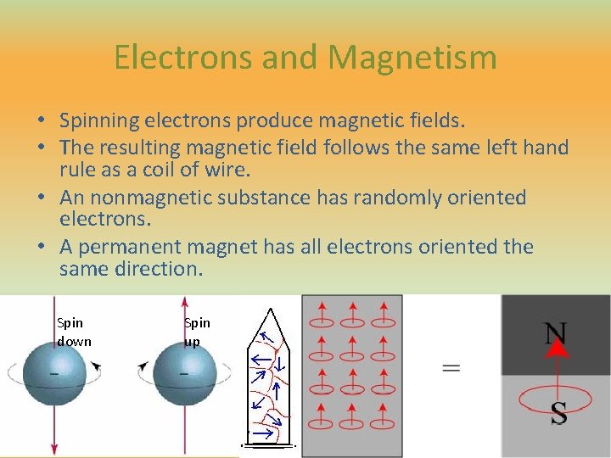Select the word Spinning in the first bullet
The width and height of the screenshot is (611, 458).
[x=100, y=122]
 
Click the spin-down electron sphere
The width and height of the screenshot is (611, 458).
[x=54, y=374]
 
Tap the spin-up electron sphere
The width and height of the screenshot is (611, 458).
[x=184, y=374]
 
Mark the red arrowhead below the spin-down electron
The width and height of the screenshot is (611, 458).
[x=54, y=450]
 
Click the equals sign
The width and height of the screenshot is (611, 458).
[x=451, y=367]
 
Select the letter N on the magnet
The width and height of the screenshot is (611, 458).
[x=556, y=332]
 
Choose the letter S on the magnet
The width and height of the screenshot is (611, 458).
[x=558, y=414]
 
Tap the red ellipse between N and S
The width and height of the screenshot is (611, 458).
[x=557, y=395]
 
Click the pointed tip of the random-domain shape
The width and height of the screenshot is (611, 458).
[x=269, y=309]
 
